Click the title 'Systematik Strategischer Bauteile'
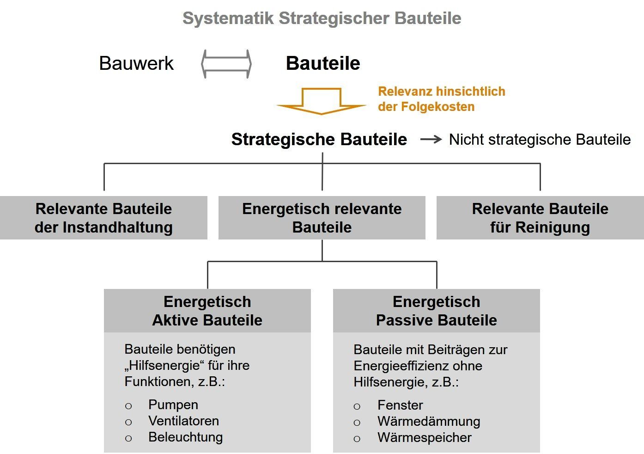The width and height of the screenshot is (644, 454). pyautogui.click(x=322, y=18)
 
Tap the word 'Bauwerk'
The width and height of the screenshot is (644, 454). pyautogui.click(x=136, y=63)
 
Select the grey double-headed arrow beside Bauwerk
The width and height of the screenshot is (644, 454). pyautogui.click(x=226, y=64)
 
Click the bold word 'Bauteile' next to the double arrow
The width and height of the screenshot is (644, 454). pyautogui.click(x=323, y=63)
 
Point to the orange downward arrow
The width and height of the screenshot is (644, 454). pyautogui.click(x=321, y=102)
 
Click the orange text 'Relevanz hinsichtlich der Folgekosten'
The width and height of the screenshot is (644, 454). pyautogui.click(x=441, y=99)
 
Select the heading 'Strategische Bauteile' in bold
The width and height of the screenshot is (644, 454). pyautogui.click(x=319, y=139)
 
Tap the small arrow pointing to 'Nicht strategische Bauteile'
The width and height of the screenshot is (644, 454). pyautogui.click(x=431, y=139)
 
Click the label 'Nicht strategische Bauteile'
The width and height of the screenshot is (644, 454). pyautogui.click(x=540, y=139)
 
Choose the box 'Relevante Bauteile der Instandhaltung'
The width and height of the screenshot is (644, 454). pyautogui.click(x=103, y=218)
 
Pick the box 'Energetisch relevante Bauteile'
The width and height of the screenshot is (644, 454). pyautogui.click(x=322, y=218)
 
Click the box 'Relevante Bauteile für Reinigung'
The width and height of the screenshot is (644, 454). pyautogui.click(x=540, y=218)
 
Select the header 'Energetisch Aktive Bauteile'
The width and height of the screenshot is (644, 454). pyautogui.click(x=207, y=311)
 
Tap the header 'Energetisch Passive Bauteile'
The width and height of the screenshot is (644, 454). pyautogui.click(x=437, y=311)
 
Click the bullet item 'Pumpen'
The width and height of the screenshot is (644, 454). pyautogui.click(x=173, y=405)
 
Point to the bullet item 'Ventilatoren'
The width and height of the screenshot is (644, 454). pyautogui.click(x=183, y=421)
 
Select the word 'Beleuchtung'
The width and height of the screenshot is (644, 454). pyautogui.click(x=185, y=437)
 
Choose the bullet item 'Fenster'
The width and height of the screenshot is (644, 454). pyautogui.click(x=400, y=405)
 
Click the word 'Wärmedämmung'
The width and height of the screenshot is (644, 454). pyautogui.click(x=429, y=421)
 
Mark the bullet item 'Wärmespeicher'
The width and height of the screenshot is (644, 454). pyautogui.click(x=424, y=437)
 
